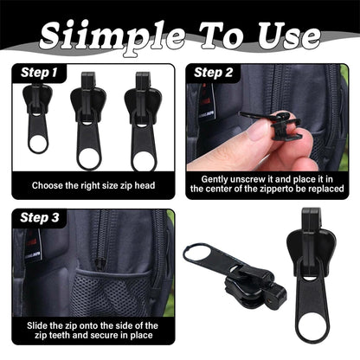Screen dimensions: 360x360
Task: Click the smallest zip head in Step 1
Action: [38, 121]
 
